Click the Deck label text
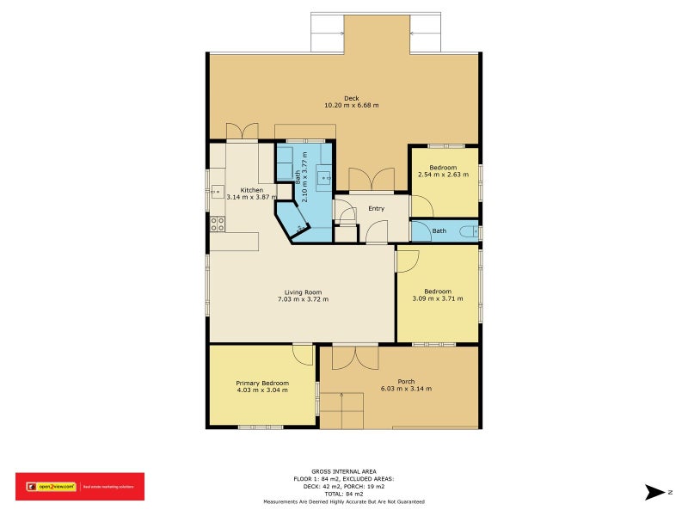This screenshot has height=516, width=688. point(351,98)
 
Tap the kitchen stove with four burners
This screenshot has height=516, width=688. point(218,224)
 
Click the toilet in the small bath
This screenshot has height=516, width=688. point(468,231)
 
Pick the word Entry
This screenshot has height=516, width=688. point(376,208)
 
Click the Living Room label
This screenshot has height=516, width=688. point(303,292)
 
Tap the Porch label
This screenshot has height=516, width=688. point(406,382)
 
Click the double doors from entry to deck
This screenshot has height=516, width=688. point(372,179)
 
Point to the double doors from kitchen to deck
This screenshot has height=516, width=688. point(242,131)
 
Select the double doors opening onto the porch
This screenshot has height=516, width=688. point(355,357)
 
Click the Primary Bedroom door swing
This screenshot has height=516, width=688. point(303,353)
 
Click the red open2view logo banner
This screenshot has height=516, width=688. point(80,487)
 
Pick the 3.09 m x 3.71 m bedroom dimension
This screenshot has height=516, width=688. point(437,298)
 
